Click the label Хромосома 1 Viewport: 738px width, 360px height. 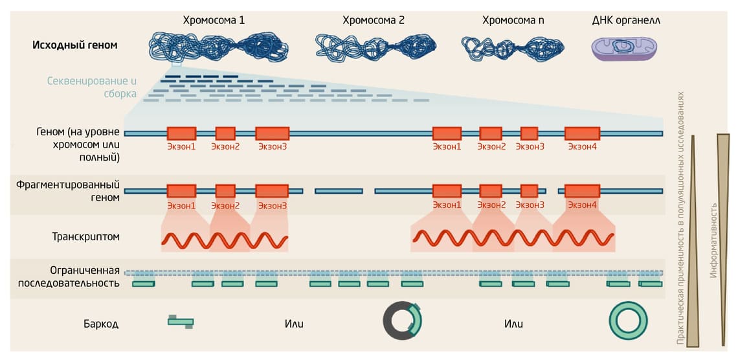pyautogui.click(x=214, y=20)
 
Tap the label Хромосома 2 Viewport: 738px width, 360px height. pyautogui.click(x=374, y=20)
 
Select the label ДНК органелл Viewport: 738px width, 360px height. pyautogui.click(x=626, y=20)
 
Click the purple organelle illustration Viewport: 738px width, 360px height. pyautogui.click(x=624, y=48)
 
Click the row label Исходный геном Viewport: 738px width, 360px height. pyautogui.click(x=75, y=45)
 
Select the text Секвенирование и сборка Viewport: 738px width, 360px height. pyautogui.click(x=92, y=87)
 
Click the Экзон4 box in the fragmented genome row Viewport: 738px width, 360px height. pyautogui.click(x=581, y=191)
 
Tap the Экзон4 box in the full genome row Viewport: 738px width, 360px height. pyautogui.click(x=581, y=133)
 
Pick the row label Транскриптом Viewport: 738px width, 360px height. pyautogui.click(x=86, y=237)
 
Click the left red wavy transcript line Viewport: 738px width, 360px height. pyautogui.click(x=225, y=240)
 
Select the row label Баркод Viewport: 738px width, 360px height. pyautogui.click(x=101, y=324)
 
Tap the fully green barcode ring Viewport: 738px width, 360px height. pyautogui.click(x=627, y=321)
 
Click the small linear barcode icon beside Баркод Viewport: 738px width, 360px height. pyautogui.click(x=181, y=321)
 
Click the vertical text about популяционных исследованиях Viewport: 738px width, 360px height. pyautogui.click(x=680, y=218)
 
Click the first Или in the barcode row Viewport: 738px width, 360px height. pyautogui.click(x=294, y=324)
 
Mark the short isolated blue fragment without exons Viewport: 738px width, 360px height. pyautogui.click(x=339, y=191)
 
